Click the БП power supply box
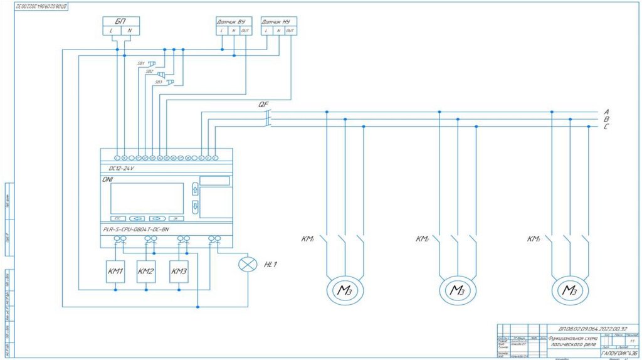(120, 26)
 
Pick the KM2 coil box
(146, 271)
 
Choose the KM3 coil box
(179, 271)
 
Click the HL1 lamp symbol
(248, 265)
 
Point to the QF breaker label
(263, 104)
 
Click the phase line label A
(606, 111)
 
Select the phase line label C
(606, 127)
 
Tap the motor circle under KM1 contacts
(344, 290)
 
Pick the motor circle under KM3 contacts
(569, 290)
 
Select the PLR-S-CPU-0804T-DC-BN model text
(136, 230)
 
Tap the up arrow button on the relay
(194, 189)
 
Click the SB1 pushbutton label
(140, 63)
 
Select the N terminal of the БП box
(129, 31)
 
